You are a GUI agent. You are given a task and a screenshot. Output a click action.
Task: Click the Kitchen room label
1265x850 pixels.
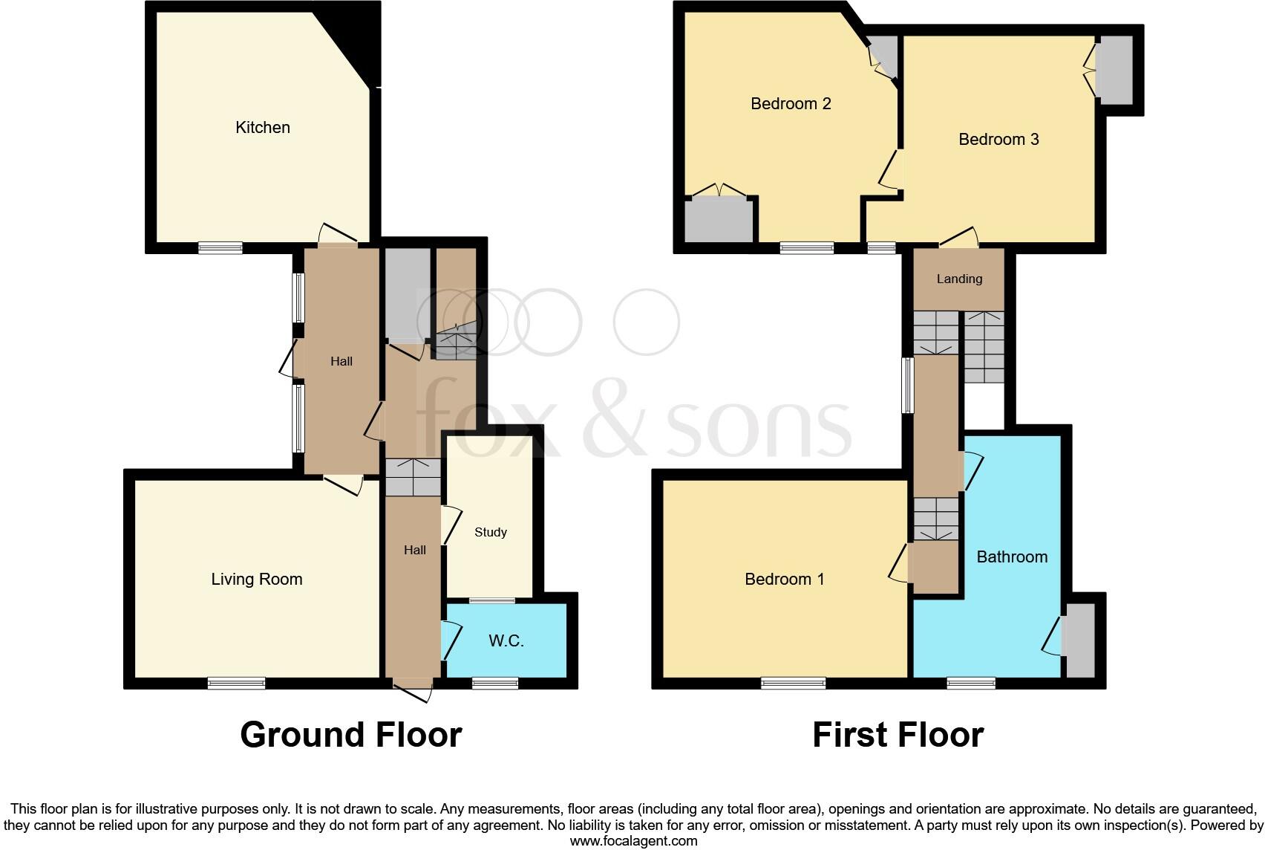coord(262,128)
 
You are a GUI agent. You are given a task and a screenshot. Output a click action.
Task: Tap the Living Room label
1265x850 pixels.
coord(257,580)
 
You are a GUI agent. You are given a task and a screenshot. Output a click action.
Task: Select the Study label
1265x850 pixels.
coord(491,532)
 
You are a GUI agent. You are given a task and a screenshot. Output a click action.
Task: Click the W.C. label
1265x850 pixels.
coord(506,641)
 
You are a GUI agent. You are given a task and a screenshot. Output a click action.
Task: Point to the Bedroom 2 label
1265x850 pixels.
coord(791,104)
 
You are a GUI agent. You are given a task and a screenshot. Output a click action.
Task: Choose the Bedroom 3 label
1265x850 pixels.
coord(998,140)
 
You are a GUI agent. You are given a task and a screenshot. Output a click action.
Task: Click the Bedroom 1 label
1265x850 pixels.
coord(785,580)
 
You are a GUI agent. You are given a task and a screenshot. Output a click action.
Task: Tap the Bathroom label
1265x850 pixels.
coord(1012,557)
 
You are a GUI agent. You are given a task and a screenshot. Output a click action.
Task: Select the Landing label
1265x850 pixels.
coord(959,279)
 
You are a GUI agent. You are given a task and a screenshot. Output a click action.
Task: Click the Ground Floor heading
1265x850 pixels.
coord(351,735)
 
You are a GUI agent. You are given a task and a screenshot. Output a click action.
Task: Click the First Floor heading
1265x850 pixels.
coord(898,735)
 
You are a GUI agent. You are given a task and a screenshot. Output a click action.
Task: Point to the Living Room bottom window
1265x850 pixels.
coord(236,683)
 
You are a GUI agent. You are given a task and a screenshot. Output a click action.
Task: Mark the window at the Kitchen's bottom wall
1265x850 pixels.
coord(220,248)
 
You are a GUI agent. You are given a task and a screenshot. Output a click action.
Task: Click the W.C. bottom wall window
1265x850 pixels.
coord(495,683)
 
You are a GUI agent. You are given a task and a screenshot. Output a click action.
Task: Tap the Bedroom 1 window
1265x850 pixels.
coord(793,683)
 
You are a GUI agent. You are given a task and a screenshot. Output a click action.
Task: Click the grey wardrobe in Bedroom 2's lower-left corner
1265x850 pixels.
coord(719,220)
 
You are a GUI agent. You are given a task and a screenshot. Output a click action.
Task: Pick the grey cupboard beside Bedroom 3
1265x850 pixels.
coord(1115,71)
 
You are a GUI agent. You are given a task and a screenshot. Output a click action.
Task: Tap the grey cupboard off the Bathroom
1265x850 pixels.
coord(1080,640)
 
